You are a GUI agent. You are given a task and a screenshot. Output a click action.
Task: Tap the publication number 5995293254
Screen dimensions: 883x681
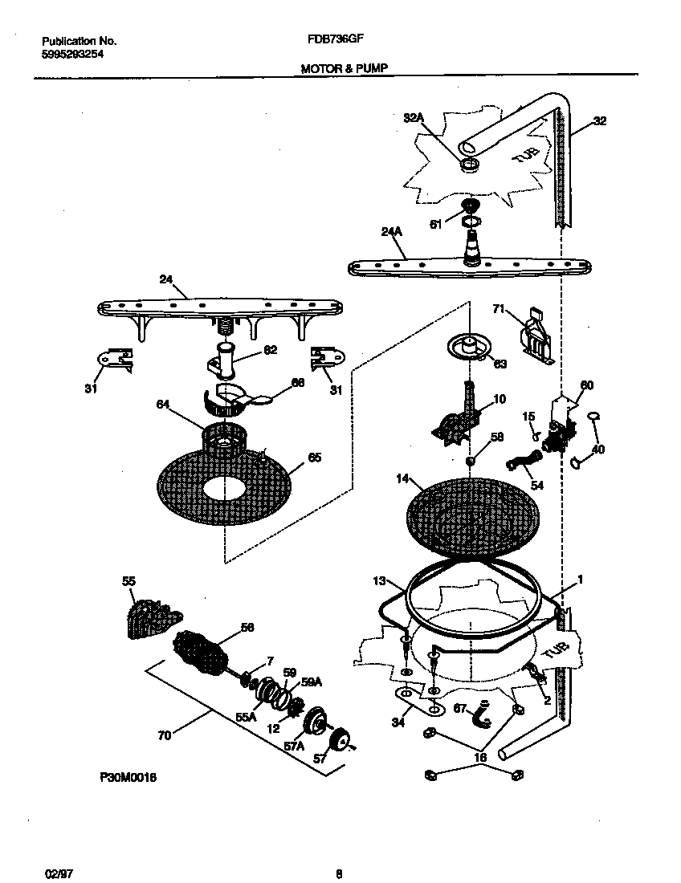pos(71,54)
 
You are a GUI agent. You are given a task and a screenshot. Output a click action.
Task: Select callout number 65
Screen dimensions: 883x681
pos(315,458)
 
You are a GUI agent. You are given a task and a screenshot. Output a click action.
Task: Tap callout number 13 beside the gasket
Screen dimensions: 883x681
pos(380,580)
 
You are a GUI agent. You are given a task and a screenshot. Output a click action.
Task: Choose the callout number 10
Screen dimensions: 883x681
pos(499,398)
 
